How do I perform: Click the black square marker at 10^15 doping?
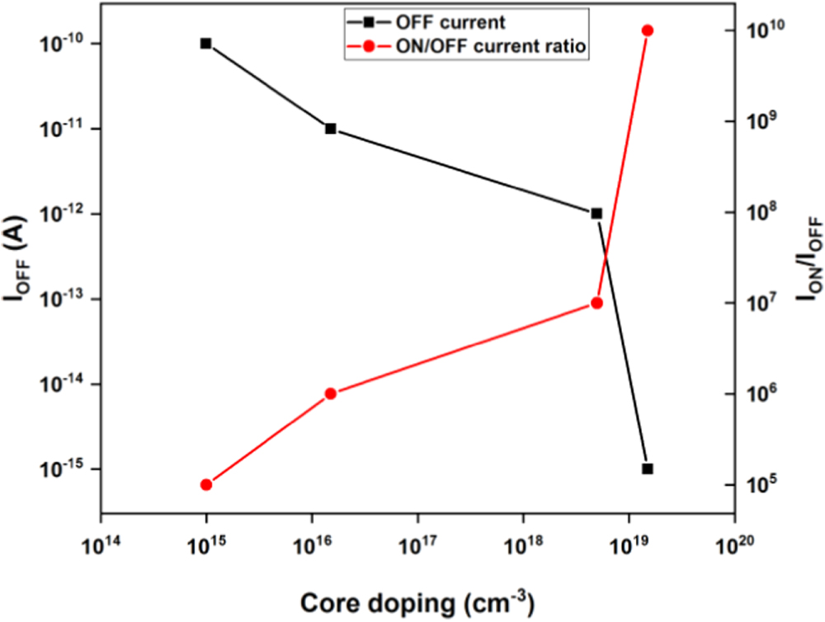(206, 43)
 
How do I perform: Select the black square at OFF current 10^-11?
(331, 129)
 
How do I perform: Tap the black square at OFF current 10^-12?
(596, 214)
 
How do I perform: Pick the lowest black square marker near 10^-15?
(648, 469)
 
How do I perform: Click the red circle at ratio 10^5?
(206, 484)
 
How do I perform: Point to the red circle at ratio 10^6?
(331, 393)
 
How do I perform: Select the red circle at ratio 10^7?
(596, 303)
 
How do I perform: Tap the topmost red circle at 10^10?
(648, 31)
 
